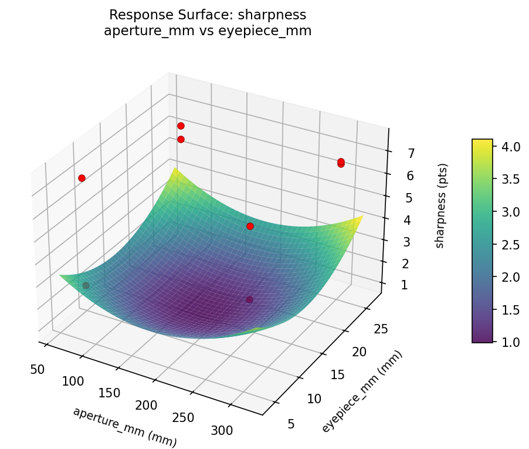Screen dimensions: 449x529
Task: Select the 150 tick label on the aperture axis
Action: point(110,393)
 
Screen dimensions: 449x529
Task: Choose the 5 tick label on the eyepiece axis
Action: point(291,423)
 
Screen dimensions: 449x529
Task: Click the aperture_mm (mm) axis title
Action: point(124,427)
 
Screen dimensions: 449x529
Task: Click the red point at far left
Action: point(82,178)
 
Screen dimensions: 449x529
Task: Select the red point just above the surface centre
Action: point(250,226)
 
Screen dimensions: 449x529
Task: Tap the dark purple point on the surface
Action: point(249,300)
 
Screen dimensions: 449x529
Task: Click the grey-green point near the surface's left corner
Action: point(86,285)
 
